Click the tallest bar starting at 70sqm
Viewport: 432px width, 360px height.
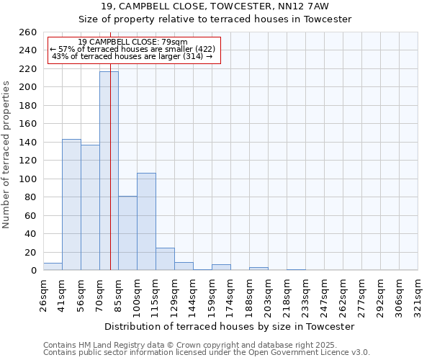point(109,171)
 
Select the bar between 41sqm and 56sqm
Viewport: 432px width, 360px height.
point(71,204)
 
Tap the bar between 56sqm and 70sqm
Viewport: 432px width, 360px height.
point(90,207)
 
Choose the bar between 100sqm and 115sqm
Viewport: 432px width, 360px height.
point(146,222)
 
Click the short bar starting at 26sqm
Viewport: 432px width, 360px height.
point(53,266)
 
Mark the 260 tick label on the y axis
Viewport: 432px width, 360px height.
point(27,32)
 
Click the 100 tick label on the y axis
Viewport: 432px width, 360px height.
point(27,179)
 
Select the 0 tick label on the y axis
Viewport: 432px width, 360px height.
point(33,271)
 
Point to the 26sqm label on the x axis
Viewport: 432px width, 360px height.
point(44,297)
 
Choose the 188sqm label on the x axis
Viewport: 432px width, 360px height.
point(250,297)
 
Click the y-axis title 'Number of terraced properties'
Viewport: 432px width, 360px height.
point(6,155)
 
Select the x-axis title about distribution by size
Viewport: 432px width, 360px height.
point(230,326)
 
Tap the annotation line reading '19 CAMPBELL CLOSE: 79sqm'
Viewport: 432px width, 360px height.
point(132,42)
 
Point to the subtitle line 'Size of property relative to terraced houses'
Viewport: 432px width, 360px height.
point(215,19)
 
